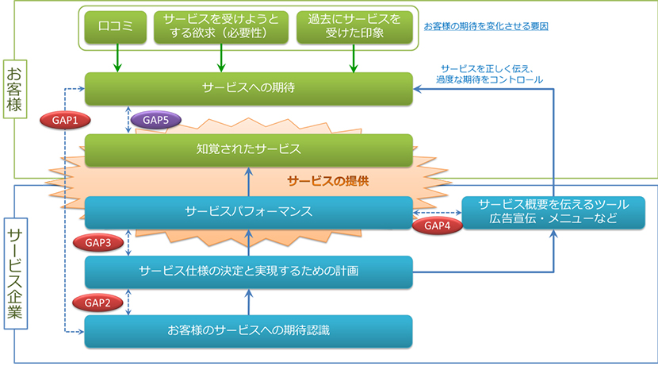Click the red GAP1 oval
tap(65, 120)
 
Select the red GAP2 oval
tap(98, 303)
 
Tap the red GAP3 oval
tap(98, 243)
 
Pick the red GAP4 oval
tap(438, 225)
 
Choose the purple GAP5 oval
tap(155, 120)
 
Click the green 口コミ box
tap(116, 27)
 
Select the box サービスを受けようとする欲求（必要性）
tap(221, 27)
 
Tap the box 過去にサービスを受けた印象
tap(354, 27)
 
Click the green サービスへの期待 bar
tap(248, 88)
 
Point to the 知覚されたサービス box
tap(248, 150)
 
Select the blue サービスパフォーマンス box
tap(248, 212)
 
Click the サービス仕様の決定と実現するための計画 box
tap(248, 272)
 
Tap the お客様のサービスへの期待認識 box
tap(248, 331)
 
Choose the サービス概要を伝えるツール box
tap(553, 212)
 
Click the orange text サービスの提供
tap(328, 181)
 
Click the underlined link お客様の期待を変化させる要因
tap(486, 26)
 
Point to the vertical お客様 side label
tap(15, 89)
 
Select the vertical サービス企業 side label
tap(16, 273)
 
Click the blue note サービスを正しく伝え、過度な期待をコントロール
tap(489, 74)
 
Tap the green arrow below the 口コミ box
tap(117, 58)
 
